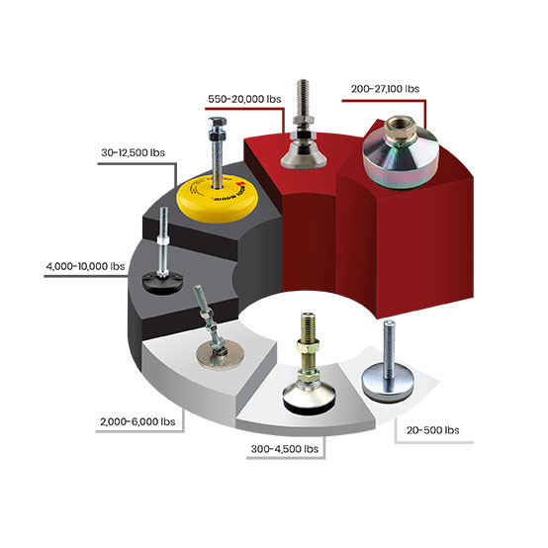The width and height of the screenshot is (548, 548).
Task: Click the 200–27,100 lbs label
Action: click(x=385, y=89)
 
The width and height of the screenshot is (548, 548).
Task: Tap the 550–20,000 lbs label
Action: click(x=244, y=99)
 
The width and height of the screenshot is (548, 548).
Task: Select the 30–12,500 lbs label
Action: click(x=134, y=152)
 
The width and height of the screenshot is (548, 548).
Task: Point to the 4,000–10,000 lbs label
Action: click(x=86, y=266)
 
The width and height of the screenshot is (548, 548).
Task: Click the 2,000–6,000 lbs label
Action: click(x=137, y=421)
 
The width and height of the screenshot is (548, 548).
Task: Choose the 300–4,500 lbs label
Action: click(x=285, y=449)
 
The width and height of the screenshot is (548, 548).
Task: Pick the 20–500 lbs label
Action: click(x=432, y=430)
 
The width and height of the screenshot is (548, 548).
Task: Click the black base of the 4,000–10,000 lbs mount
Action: click(x=162, y=282)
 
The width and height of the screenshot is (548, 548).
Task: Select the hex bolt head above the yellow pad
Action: click(x=217, y=123)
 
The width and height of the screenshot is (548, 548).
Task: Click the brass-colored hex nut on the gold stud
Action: click(x=308, y=347)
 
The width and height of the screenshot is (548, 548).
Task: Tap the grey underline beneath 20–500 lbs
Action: click(x=433, y=442)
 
